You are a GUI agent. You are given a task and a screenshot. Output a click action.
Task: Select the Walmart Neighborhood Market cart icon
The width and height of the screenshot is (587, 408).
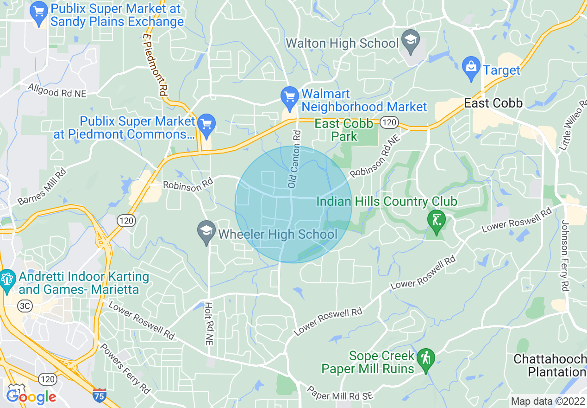click(290, 96)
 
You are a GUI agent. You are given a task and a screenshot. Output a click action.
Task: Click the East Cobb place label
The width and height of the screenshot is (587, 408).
click(493, 103)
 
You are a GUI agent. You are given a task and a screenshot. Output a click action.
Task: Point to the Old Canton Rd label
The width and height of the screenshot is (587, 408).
click(294, 159)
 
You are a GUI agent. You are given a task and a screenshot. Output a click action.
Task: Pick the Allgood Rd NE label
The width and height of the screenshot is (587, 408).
click(57, 90)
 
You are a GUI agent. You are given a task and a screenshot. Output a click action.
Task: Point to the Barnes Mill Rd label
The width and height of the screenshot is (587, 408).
click(42, 187)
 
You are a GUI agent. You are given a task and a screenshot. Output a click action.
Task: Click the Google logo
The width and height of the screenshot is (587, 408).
click(31, 397)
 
